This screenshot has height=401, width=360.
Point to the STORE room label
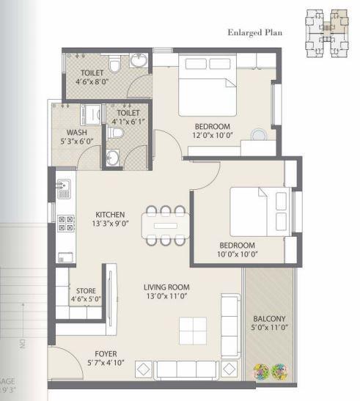pyautogui.click(x=81, y=291)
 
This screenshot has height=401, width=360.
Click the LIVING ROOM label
pyautogui.click(x=166, y=287)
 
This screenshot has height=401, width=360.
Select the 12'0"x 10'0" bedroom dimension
pyautogui.click(x=212, y=135)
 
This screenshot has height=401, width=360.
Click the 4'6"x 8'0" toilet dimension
pyautogui.click(x=92, y=83)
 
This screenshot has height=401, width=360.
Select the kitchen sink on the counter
pyautogui.click(x=63, y=187)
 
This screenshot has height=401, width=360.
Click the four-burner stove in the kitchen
pyautogui.click(x=65, y=223)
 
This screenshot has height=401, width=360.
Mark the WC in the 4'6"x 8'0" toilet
pyautogui.click(x=114, y=67)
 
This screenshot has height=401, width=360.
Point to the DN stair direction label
pyautogui.click(x=22, y=342)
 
